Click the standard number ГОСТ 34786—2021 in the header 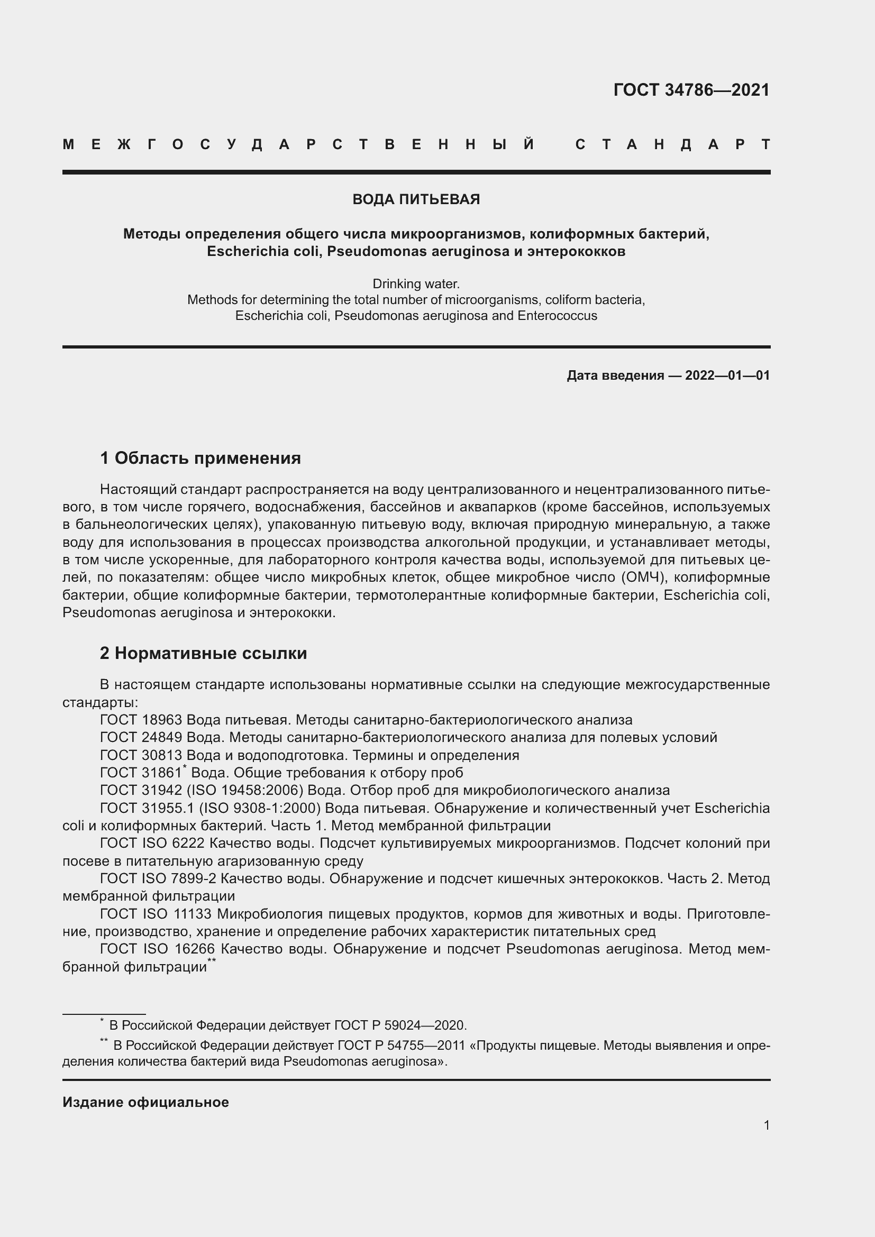point(691,90)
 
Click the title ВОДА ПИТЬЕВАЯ point(416,199)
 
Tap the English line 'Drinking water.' point(416,283)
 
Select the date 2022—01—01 point(727,375)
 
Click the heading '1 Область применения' point(200,458)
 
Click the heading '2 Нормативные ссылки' point(204,653)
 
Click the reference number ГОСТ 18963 point(141,720)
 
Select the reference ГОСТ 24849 point(141,738)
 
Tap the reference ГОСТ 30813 point(141,755)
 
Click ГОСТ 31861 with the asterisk point(142,773)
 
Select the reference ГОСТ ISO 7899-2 point(158,879)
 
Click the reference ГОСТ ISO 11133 point(158,914)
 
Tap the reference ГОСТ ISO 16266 point(158,949)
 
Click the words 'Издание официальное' point(145,1102)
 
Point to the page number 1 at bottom point(767,1125)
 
